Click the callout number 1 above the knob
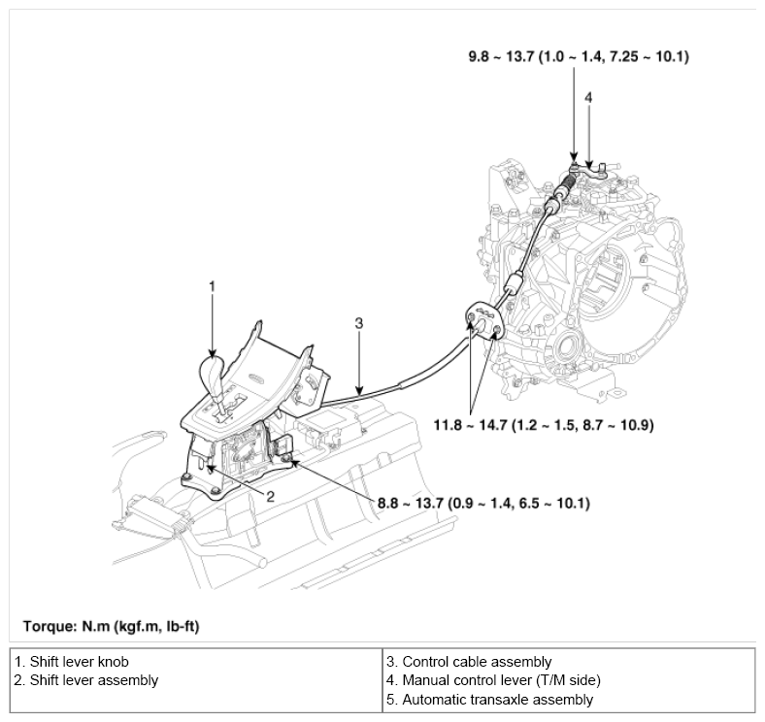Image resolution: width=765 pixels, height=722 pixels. [212, 286]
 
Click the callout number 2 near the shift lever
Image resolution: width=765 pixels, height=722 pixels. [270, 496]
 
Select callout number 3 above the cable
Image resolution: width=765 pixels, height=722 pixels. [358, 324]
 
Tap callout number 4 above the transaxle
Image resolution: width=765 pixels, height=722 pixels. [588, 97]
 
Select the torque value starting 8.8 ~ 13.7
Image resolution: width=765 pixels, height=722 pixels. [483, 504]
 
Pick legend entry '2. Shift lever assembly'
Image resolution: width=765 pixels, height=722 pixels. [86, 680]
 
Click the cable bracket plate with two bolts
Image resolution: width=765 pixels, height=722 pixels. [482, 321]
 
